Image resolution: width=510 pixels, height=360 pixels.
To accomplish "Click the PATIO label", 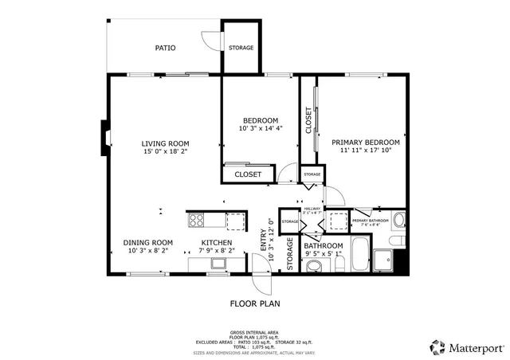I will (x=165, y=49).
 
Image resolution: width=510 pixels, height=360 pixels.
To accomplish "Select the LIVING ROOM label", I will (x=165, y=143).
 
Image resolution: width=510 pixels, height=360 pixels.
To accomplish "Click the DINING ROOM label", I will (x=147, y=243).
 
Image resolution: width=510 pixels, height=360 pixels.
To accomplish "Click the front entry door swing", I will (x=261, y=280).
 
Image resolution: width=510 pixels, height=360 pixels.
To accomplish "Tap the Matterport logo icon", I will (x=437, y=346).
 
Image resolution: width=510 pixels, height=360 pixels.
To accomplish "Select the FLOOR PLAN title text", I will (x=254, y=303).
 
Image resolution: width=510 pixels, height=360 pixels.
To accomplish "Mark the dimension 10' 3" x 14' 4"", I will (x=260, y=129).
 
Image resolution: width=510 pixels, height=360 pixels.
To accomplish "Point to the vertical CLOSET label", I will (x=308, y=120).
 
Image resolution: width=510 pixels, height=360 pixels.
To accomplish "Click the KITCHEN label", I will (x=216, y=243).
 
